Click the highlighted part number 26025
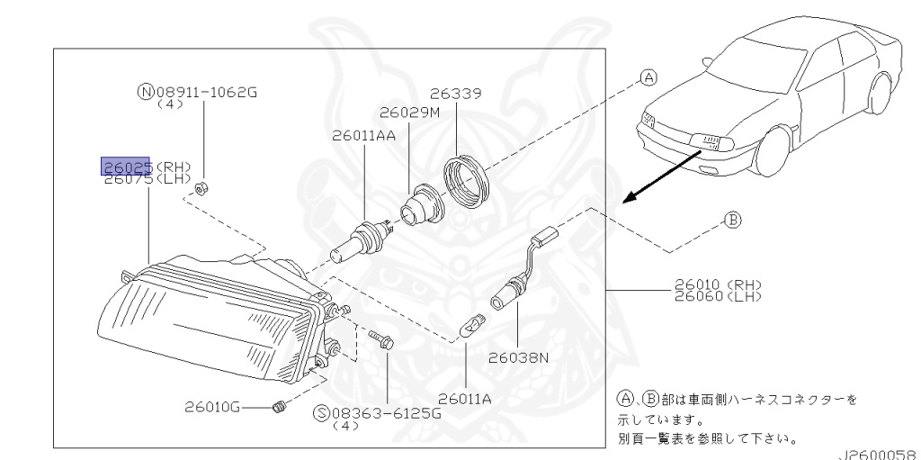pos(126,167)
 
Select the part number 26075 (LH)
pos(148,178)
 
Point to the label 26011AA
pos(363,136)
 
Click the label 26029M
pos(409,113)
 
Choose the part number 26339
pos(456,94)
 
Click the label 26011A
pos(465,400)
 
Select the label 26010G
pos(212,407)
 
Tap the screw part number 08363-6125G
pos(385,413)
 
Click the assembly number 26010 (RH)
pos(717,286)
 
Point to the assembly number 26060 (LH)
pos(717,296)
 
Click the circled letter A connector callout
pos(648,77)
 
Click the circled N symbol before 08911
pos(145,92)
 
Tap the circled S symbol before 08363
pos(321,413)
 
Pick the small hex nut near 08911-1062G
pos(201,189)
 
